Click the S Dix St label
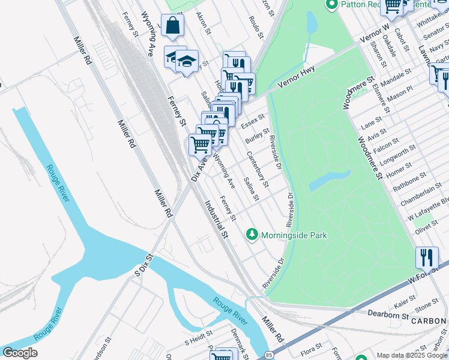[x=145, y=264]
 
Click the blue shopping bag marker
[x=172, y=26]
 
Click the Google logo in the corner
[x=20, y=353]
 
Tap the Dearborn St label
[x=388, y=314]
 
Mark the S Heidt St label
[x=199, y=340]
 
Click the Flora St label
[x=312, y=347]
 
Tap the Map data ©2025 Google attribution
[x=412, y=355]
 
